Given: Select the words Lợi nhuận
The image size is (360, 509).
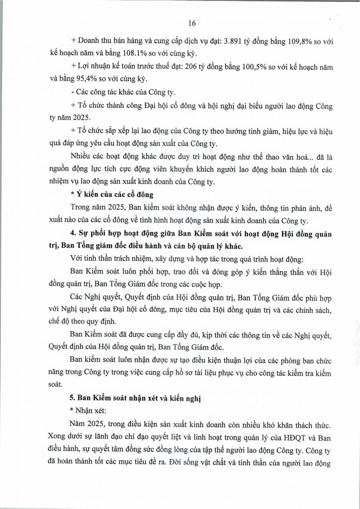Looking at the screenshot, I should click(x=94, y=67).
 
